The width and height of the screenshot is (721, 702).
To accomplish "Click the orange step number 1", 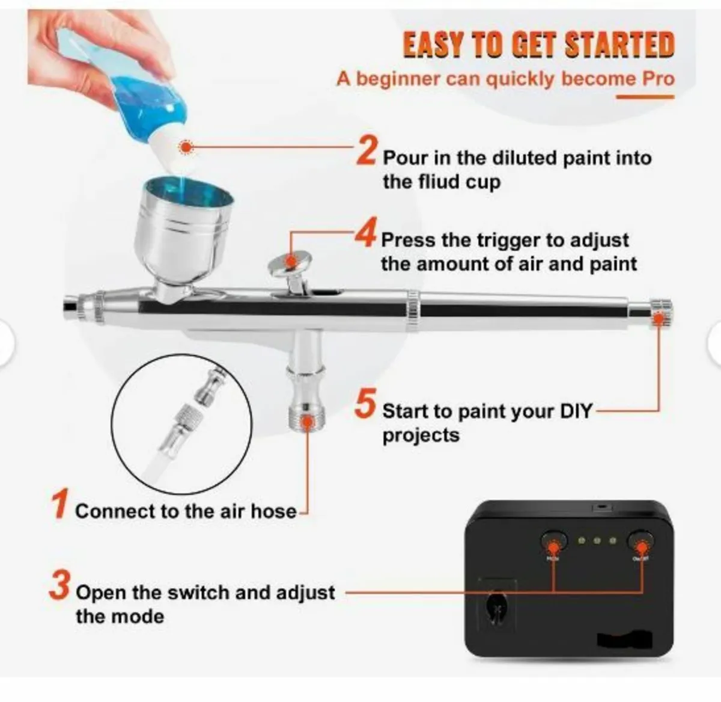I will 59,504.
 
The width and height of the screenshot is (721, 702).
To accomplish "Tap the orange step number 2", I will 367,150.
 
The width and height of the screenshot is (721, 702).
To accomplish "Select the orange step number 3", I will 60,586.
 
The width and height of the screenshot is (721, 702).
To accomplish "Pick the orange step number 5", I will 365,404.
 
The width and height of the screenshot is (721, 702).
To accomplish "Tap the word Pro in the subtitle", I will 658,79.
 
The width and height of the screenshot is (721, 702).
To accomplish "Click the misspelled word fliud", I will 434,182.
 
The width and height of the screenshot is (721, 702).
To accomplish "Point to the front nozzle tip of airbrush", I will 71,306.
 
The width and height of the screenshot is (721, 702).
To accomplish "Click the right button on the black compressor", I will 640,541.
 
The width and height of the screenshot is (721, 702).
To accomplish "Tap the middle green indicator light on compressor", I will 597,541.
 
